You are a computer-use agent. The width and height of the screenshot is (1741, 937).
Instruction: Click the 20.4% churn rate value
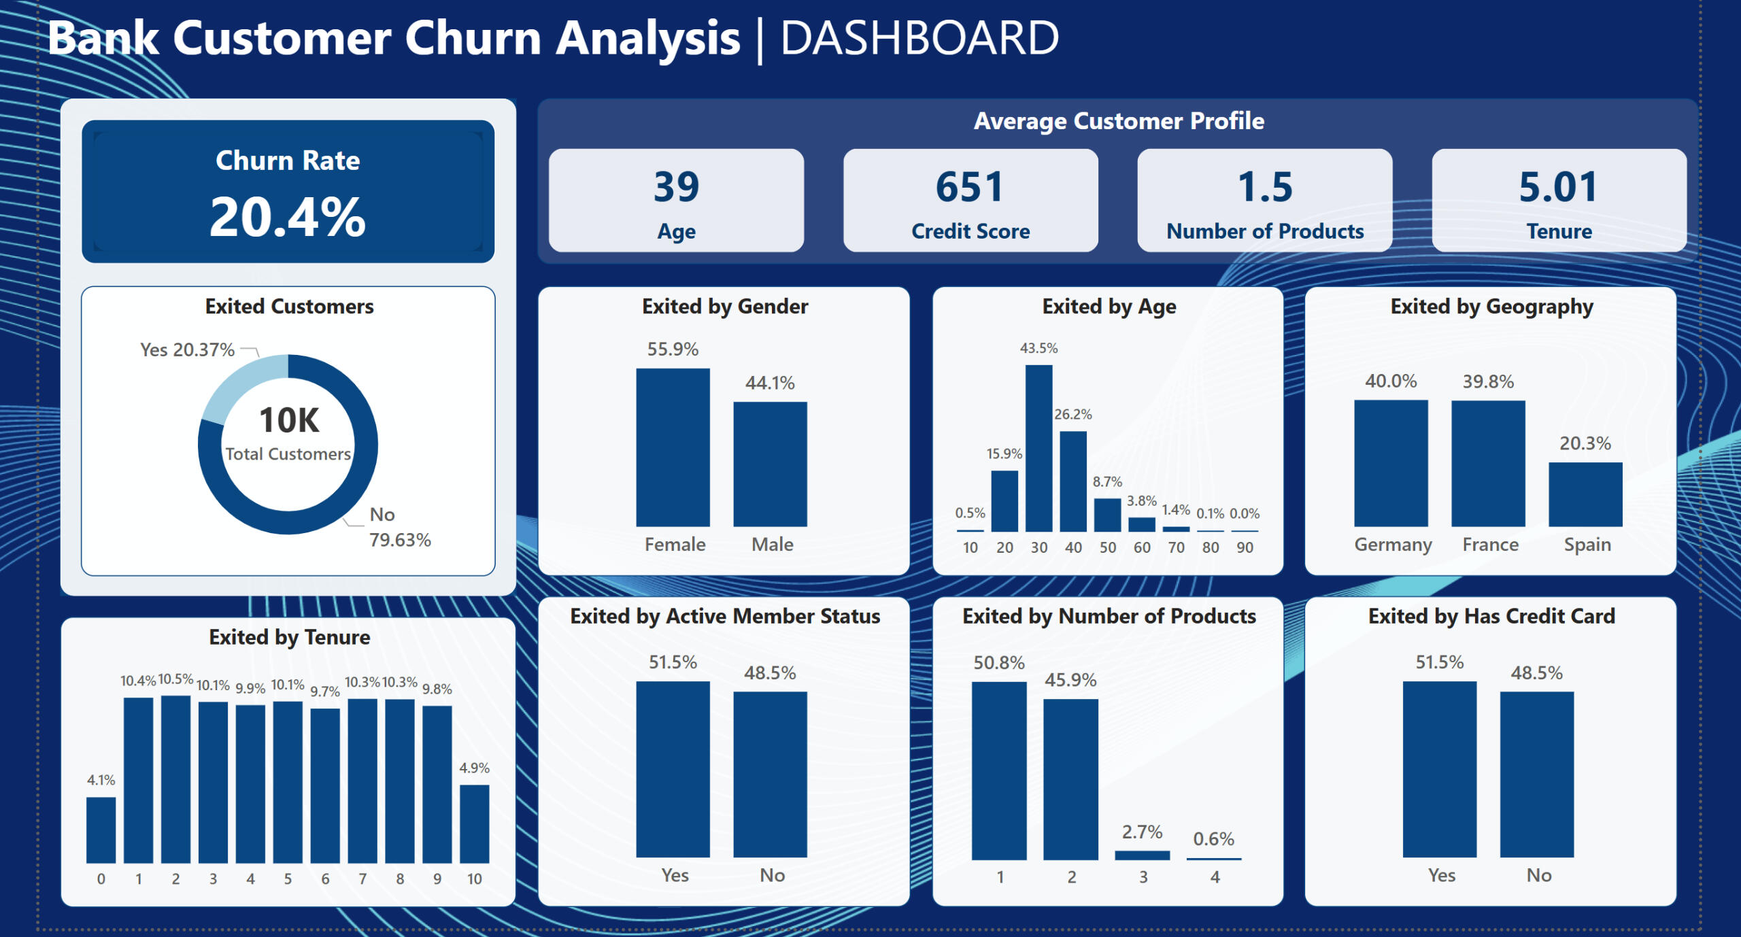(288, 218)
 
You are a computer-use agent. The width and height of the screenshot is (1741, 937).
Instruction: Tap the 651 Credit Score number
(970, 187)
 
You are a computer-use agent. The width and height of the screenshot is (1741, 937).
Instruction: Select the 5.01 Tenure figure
(1558, 187)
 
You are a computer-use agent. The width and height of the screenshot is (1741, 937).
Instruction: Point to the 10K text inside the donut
(289, 420)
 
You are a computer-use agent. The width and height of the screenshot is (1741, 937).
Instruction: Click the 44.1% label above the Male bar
(770, 383)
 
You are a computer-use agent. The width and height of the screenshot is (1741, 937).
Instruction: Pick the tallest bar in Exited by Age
(1038, 448)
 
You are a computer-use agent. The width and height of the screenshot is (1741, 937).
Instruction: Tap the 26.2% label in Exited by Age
(1073, 414)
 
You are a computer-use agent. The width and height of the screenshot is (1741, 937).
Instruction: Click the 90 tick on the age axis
(1245, 547)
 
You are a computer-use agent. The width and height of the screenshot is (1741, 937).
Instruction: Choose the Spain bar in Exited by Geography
(1585, 494)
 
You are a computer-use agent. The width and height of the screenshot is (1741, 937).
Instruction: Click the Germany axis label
(1393, 545)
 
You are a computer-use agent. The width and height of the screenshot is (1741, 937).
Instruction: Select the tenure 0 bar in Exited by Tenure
(101, 830)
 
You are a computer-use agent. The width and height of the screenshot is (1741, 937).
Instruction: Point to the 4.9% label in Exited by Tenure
(474, 768)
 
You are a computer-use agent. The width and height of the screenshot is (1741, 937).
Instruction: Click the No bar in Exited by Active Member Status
(770, 774)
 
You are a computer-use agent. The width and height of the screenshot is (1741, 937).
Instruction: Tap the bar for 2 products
(1070, 779)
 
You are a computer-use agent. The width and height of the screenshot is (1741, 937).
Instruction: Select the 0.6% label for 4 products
(1213, 838)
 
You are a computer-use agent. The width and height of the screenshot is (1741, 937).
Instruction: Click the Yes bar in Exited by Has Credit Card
(1440, 769)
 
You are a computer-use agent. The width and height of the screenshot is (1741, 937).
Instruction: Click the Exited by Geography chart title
(1491, 307)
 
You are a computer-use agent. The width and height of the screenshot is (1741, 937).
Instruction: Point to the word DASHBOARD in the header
(919, 38)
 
